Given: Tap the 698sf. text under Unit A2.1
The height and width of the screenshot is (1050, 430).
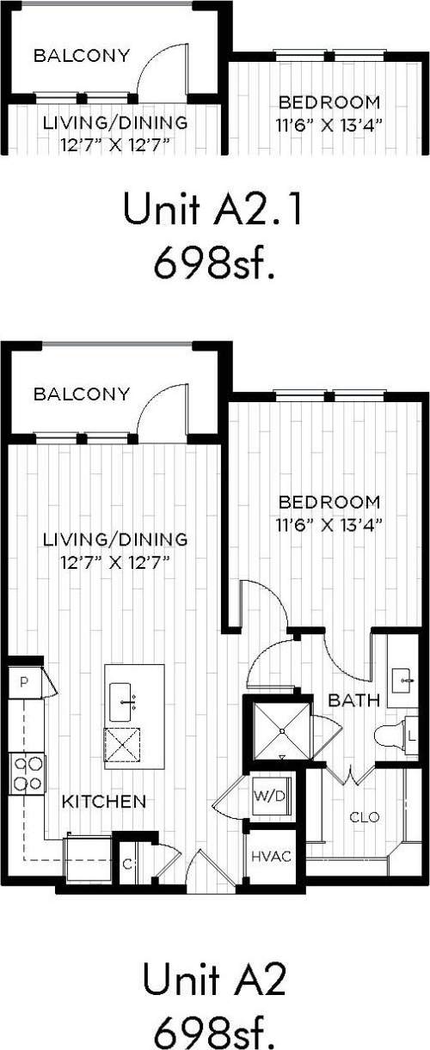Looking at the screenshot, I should pyautogui.click(x=214, y=264).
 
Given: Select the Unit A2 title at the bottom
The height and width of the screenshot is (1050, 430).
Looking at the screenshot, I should pyautogui.click(x=214, y=980).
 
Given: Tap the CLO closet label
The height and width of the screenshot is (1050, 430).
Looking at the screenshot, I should pyautogui.click(x=364, y=816).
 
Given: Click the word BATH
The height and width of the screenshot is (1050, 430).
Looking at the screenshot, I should pyautogui.click(x=353, y=701).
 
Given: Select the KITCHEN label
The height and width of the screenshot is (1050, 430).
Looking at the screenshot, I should pyautogui.click(x=103, y=802).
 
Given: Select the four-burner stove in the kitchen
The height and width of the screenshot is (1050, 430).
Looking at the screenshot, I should pyautogui.click(x=26, y=772).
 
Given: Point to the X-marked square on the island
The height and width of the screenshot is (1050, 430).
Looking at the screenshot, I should pyautogui.click(x=122, y=744).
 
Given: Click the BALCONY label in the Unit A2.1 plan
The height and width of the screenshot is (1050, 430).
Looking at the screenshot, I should pyautogui.click(x=81, y=56).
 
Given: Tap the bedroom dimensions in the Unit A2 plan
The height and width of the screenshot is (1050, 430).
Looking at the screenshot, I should pyautogui.click(x=329, y=522).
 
